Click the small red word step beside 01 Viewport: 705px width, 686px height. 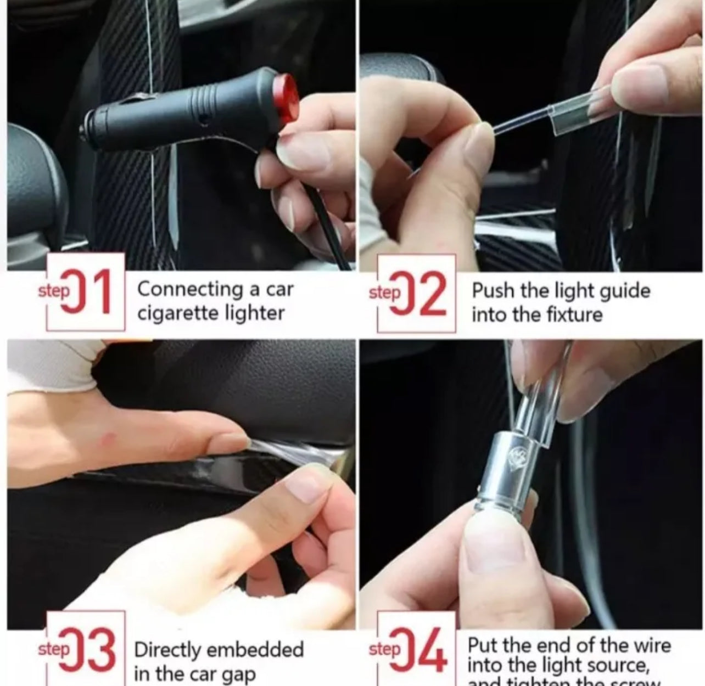(x=54, y=292)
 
